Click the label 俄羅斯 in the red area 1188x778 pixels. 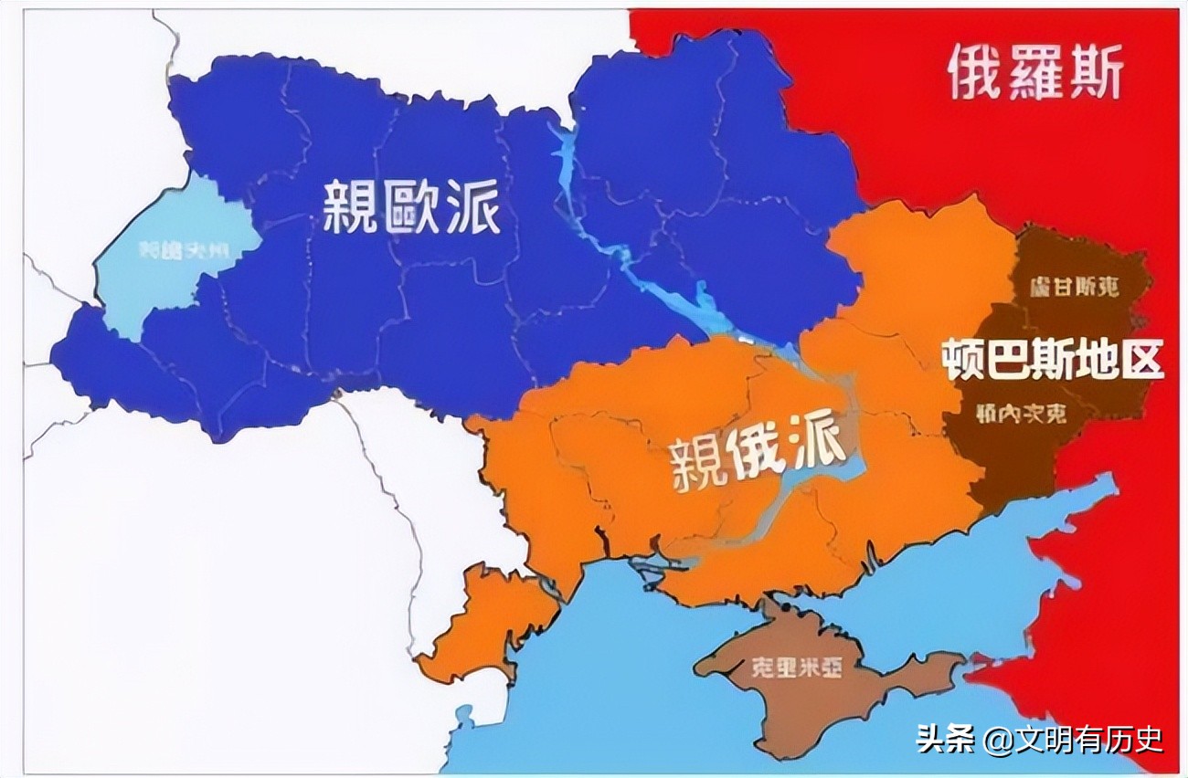pyautogui.click(x=1034, y=73)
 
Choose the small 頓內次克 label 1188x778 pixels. pyautogui.click(x=1021, y=414)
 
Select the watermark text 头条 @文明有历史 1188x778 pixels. pyautogui.click(x=1039, y=738)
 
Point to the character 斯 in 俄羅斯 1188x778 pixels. pyautogui.click(x=1093, y=73)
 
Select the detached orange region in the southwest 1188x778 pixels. pyautogui.click(x=484, y=626)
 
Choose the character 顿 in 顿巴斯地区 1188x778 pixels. pyautogui.click(x=963, y=359)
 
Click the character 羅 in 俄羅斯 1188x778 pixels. pyautogui.click(x=1034, y=73)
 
